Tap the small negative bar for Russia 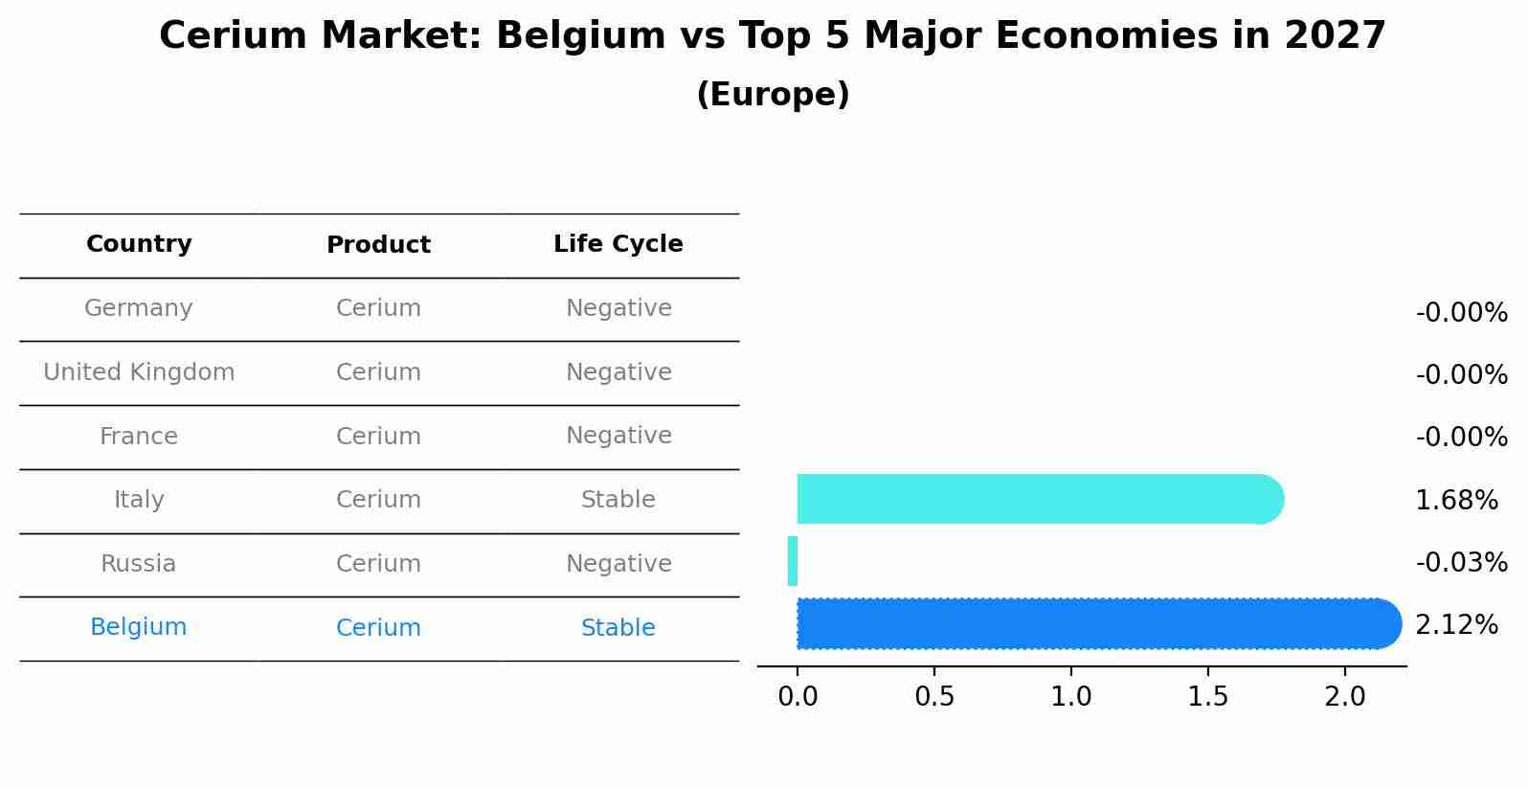(x=793, y=561)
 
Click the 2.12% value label (x=1456, y=625)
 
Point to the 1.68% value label (x=1456, y=500)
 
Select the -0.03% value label (x=1461, y=562)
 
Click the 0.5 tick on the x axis (x=934, y=697)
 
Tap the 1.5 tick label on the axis (x=1208, y=697)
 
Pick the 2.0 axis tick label (x=1345, y=697)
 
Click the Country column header (x=139, y=244)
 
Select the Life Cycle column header (x=618, y=244)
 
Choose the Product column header (x=378, y=245)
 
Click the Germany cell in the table (x=139, y=308)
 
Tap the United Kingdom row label (x=139, y=372)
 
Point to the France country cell (x=139, y=437)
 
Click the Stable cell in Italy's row (x=618, y=500)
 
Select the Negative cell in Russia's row (x=618, y=564)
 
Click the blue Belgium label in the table (x=139, y=627)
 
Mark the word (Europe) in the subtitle (x=773, y=95)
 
